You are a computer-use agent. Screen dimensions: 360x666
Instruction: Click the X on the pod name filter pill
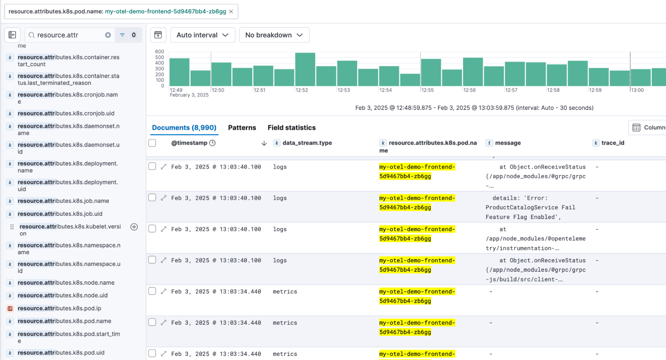(x=231, y=12)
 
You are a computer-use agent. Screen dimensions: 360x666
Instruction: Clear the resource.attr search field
(x=108, y=35)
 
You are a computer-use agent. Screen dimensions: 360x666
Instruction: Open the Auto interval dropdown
(x=202, y=35)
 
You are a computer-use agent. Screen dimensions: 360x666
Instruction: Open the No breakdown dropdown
(x=274, y=35)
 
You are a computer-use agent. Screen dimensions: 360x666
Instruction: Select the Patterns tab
(x=242, y=128)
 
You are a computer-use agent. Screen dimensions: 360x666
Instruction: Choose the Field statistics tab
(x=292, y=128)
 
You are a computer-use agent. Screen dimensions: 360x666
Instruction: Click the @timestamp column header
(x=189, y=143)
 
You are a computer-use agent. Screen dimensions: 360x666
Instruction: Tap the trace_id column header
(x=612, y=143)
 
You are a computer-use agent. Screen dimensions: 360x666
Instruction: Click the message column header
(x=507, y=143)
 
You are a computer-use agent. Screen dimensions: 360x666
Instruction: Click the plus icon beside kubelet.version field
(x=134, y=227)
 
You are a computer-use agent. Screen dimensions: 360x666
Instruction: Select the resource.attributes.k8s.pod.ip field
(x=59, y=308)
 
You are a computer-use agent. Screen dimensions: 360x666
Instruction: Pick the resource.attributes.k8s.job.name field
(x=63, y=201)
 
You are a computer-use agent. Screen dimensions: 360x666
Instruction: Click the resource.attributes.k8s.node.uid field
(x=63, y=295)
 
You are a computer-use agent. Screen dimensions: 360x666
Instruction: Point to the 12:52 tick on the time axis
(x=302, y=90)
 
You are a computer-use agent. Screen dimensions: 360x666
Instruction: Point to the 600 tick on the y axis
(x=160, y=52)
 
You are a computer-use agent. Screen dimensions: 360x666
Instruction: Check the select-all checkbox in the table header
(x=152, y=143)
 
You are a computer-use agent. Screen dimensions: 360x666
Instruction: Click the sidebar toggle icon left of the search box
(x=12, y=35)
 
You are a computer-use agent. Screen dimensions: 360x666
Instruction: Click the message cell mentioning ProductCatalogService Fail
(x=530, y=207)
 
